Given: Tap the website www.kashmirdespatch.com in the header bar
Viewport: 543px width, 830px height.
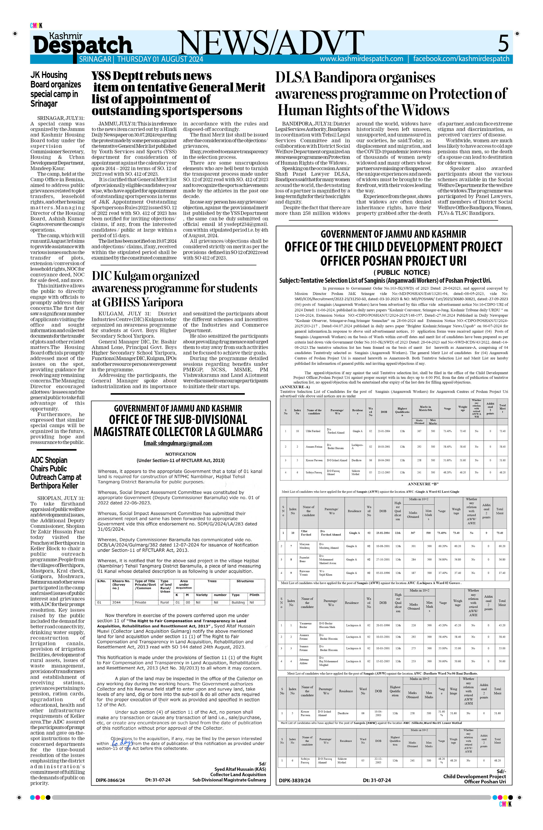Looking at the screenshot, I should [x=361, y=59].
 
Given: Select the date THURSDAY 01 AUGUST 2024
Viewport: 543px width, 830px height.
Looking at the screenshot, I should [x=160, y=59].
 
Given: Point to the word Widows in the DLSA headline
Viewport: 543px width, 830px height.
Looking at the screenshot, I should [x=425, y=111].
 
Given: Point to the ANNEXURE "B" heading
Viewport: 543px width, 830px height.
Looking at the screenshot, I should [x=423, y=484].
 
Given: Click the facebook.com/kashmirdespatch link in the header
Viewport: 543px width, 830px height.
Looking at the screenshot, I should [x=461, y=59].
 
